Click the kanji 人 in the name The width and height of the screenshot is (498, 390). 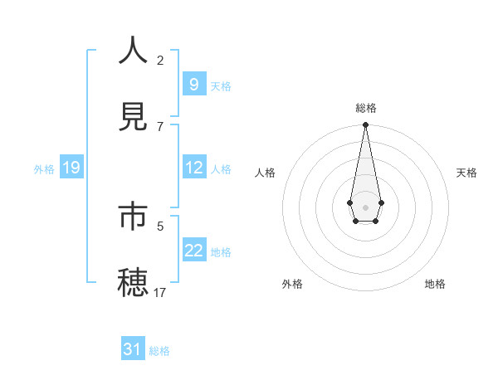134,51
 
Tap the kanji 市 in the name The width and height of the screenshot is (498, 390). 134,217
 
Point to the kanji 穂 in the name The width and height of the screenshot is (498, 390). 134,283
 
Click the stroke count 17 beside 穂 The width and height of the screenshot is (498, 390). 160,292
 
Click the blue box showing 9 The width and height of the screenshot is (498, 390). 193,84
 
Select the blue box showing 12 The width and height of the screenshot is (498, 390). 193,167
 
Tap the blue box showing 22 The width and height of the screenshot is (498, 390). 193,251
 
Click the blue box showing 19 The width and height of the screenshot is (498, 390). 71,168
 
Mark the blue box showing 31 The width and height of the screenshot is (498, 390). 133,349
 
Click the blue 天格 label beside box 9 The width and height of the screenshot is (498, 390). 221,85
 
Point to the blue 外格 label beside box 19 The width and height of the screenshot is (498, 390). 44,168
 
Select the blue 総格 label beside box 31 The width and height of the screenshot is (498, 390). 159,351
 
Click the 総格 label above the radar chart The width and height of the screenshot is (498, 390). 365,108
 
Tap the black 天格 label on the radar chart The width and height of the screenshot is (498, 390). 466,173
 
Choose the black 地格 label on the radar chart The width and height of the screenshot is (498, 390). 435,284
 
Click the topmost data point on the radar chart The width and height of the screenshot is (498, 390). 365,125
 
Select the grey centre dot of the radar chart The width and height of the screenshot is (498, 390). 365,206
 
